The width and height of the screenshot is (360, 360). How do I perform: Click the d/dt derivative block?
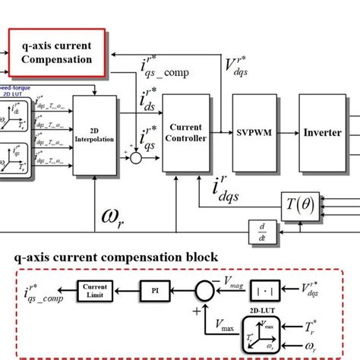(x=265, y=228)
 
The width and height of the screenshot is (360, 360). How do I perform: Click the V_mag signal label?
(x=242, y=283)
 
